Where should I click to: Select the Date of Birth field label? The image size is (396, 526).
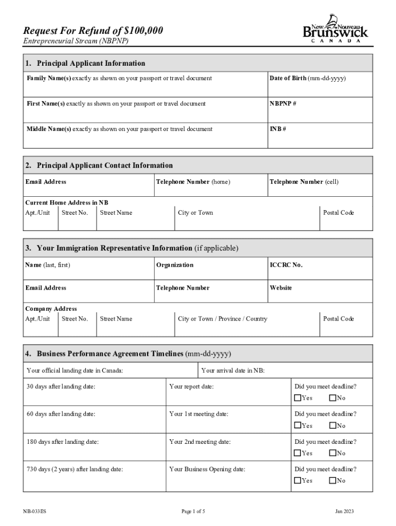(308, 78)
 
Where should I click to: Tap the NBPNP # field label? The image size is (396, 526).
(282, 104)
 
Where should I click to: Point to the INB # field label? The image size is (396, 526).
(278, 129)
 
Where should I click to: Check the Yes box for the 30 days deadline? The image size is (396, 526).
(298, 398)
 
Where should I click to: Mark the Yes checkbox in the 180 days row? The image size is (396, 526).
(298, 453)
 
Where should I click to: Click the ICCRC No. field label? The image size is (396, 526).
(286, 265)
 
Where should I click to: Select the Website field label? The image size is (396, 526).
(280, 288)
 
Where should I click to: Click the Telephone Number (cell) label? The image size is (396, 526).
(304, 182)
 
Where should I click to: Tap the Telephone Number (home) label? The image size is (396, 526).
(193, 182)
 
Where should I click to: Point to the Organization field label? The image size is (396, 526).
(175, 265)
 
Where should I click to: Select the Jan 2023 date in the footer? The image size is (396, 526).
(344, 512)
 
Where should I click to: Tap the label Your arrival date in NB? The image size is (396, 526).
(233, 370)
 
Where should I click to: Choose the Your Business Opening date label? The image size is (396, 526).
(207, 469)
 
